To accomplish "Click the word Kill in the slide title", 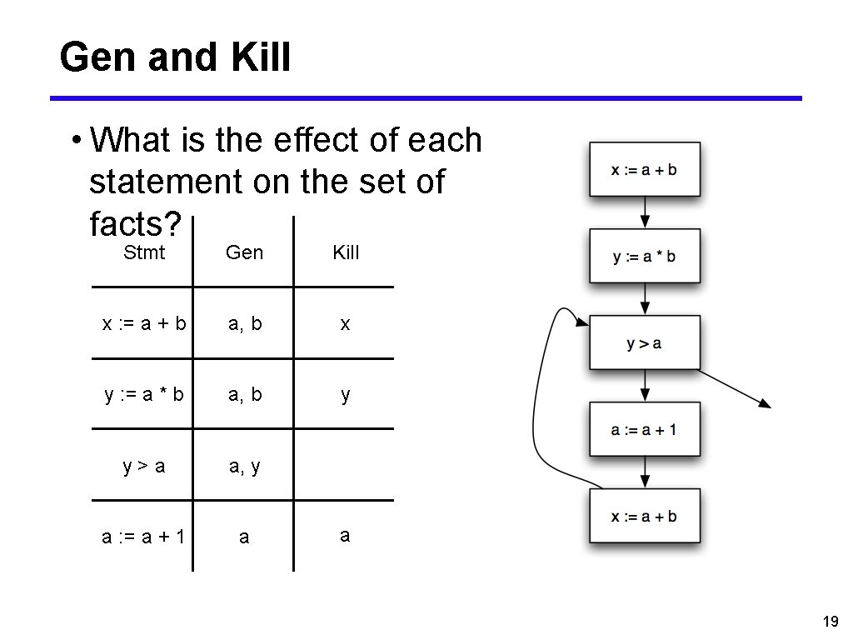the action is point(257,57).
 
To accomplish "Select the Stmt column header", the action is point(144,252).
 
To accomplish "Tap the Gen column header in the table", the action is point(244,252).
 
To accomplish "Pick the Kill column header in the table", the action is point(346,252).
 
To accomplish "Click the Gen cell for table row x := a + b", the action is point(245,324).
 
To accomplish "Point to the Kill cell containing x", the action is point(345,324).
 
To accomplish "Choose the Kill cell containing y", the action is point(345,395).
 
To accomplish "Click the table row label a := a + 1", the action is point(143,537).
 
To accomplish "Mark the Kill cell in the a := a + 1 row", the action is point(345,536).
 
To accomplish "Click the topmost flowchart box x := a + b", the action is point(645,169).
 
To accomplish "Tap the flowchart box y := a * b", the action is point(645,257).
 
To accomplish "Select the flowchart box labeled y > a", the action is point(645,343).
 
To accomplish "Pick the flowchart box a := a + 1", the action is point(645,429).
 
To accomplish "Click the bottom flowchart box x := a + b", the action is point(645,516).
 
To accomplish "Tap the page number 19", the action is point(830,621).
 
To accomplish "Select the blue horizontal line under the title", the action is point(426,98).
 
